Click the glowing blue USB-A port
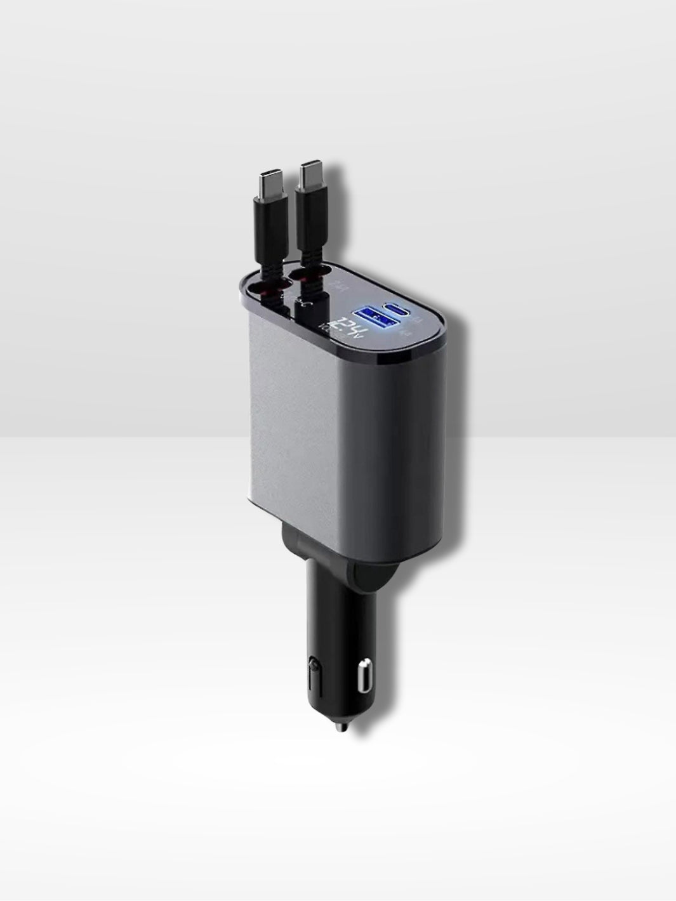coord(369,315)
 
